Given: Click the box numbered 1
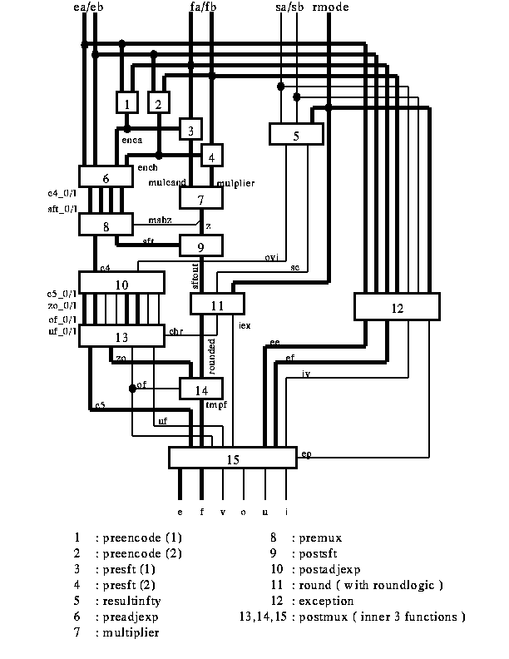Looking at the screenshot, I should pos(126,102).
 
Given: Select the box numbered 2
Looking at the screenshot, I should pos(159,102).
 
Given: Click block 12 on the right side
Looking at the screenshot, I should pos(396,306).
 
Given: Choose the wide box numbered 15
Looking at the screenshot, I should pos(233,458).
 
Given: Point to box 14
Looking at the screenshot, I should pos(202,388).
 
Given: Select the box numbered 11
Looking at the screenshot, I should pos(216,305).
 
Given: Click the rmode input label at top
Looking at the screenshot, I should pos(332,8).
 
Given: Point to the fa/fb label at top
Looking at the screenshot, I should pos(205,8).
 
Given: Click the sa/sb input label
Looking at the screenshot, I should pos(290,8).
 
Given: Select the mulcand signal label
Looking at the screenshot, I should pos(166,181).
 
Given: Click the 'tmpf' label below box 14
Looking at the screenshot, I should pos(216,405).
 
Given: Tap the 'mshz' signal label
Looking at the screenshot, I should pos(160,220).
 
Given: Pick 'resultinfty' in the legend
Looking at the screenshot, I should pos(133,601).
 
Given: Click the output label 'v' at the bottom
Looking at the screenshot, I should pos(222,512).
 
